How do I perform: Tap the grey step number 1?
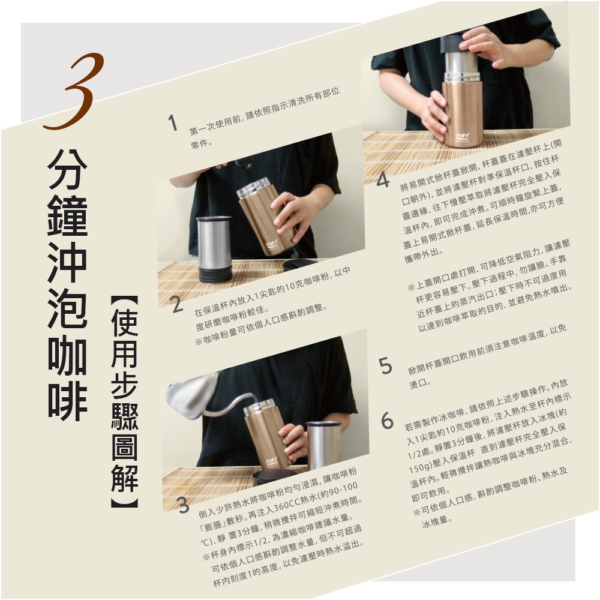point(173,124)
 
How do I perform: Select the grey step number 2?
point(176,306)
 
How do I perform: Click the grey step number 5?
point(386,365)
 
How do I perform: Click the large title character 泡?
point(67,308)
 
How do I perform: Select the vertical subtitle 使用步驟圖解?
point(125,402)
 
